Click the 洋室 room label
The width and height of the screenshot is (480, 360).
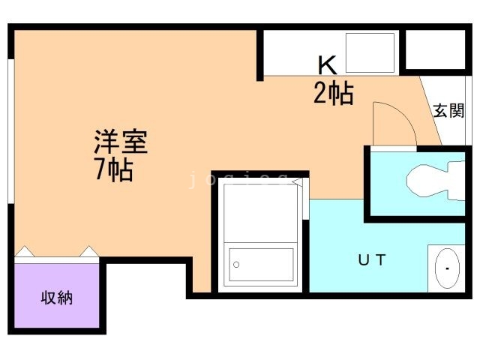click(120, 141)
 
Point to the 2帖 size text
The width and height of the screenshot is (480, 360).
click(333, 94)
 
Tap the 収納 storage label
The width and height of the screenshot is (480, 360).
click(56, 297)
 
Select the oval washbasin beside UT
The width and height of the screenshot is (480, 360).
click(448, 268)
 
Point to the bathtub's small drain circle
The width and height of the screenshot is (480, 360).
click(237, 265)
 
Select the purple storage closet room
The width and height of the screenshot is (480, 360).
click(56, 295)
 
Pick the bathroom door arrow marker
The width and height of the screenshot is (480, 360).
click(297, 181)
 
